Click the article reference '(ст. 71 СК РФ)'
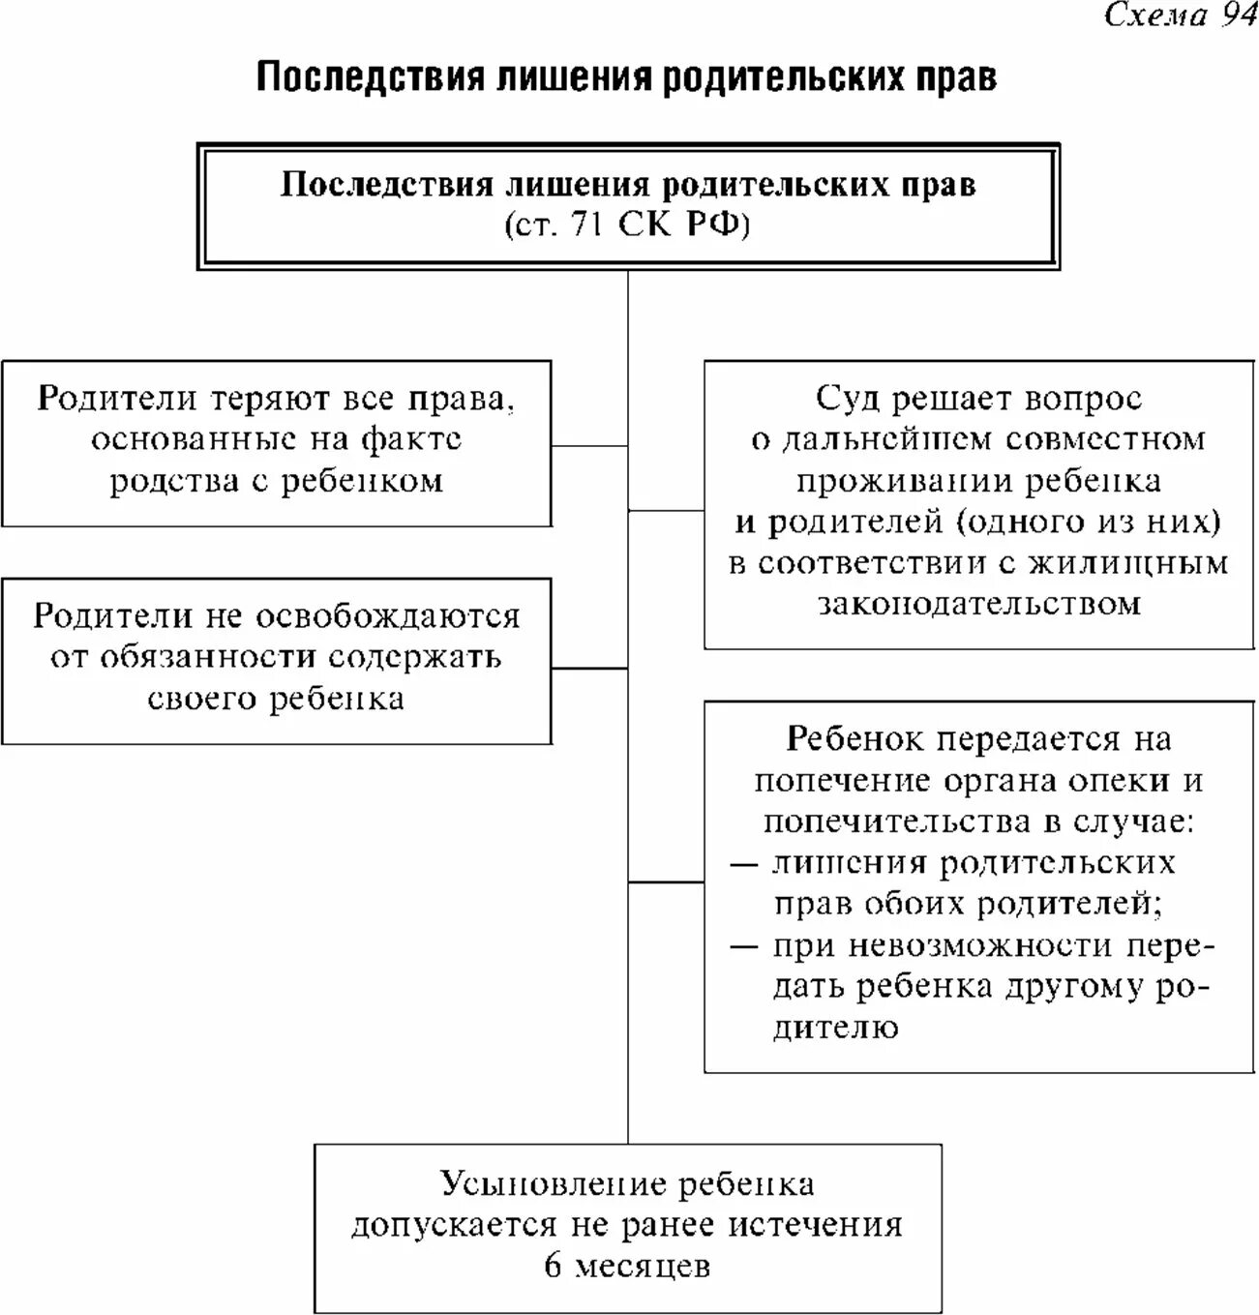click(627, 225)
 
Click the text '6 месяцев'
click(627, 1266)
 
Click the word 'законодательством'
click(979, 604)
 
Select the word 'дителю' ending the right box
click(835, 1027)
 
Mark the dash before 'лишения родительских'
click(743, 863)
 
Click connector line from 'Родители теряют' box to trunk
click(589, 446)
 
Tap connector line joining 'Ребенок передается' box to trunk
click(666, 882)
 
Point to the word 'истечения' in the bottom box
click(816, 1225)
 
